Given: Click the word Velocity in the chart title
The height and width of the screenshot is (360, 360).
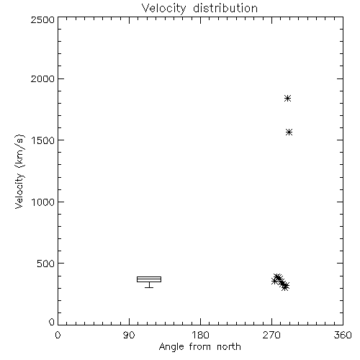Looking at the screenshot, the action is click(x=163, y=9).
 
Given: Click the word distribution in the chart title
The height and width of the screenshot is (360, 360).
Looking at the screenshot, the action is click(x=225, y=8).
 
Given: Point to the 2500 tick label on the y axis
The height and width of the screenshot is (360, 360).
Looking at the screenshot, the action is click(x=42, y=19).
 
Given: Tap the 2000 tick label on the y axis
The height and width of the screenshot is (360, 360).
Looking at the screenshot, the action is click(x=42, y=78).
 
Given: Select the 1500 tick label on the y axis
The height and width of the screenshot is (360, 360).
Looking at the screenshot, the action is click(x=43, y=140).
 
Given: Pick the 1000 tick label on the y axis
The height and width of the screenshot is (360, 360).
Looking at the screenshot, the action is click(x=43, y=202).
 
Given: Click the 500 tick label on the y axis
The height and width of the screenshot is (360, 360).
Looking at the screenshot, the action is click(x=46, y=264).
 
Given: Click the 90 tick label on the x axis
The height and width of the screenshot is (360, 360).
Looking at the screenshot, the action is click(x=129, y=335).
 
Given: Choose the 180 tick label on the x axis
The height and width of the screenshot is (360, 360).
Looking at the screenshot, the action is click(x=200, y=335).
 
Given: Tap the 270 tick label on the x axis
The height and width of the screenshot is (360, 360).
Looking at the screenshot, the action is click(x=271, y=335).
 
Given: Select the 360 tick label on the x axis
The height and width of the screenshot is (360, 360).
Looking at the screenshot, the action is click(x=343, y=335).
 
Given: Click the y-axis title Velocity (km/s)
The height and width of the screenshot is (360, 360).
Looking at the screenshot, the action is click(x=19, y=171).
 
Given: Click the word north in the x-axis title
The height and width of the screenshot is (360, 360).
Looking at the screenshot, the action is click(x=229, y=347).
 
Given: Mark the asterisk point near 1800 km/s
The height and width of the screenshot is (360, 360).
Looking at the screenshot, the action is click(x=287, y=99).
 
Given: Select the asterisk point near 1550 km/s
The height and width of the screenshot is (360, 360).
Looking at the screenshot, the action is click(x=289, y=132).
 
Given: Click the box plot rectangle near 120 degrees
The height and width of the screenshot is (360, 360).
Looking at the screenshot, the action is click(x=149, y=276).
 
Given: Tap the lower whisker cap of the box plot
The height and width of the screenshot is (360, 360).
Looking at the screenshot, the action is click(x=149, y=287).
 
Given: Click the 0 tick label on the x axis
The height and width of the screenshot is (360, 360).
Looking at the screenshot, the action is click(x=58, y=335).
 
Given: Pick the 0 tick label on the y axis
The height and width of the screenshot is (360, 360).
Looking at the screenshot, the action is click(x=52, y=322).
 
